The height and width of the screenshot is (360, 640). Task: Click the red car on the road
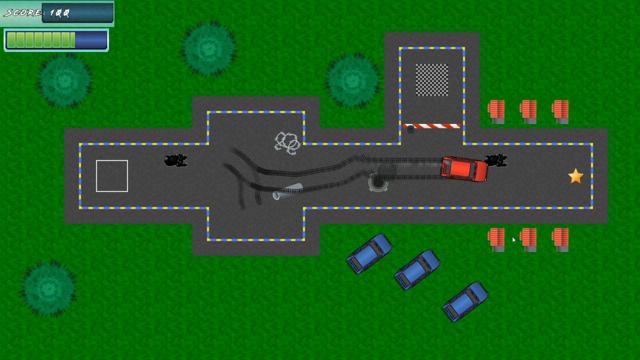click(464, 169)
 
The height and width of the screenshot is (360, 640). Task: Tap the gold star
click(575, 176)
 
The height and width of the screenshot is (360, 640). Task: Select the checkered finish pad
click(432, 80)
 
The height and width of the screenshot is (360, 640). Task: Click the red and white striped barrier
click(432, 126)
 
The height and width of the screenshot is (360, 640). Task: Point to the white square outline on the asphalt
click(112, 176)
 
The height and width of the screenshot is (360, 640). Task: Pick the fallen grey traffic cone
click(287, 191)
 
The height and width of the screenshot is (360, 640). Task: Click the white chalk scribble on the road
click(287, 142)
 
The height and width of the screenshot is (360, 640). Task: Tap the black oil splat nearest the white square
click(175, 160)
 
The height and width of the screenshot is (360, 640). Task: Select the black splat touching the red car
click(496, 160)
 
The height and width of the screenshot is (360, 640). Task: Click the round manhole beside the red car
click(378, 183)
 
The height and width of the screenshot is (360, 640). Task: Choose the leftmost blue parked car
click(369, 253)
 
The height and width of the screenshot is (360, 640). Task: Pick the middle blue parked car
click(417, 269)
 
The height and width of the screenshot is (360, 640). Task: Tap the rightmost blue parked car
click(465, 301)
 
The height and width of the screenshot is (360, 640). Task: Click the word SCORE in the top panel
click(22, 13)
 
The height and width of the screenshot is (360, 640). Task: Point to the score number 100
click(59, 13)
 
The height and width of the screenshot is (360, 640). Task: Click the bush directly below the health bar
click(64, 80)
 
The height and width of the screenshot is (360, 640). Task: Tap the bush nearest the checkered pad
click(352, 80)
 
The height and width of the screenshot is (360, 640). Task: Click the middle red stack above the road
click(528, 111)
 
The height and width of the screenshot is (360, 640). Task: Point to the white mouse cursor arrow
click(513, 239)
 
